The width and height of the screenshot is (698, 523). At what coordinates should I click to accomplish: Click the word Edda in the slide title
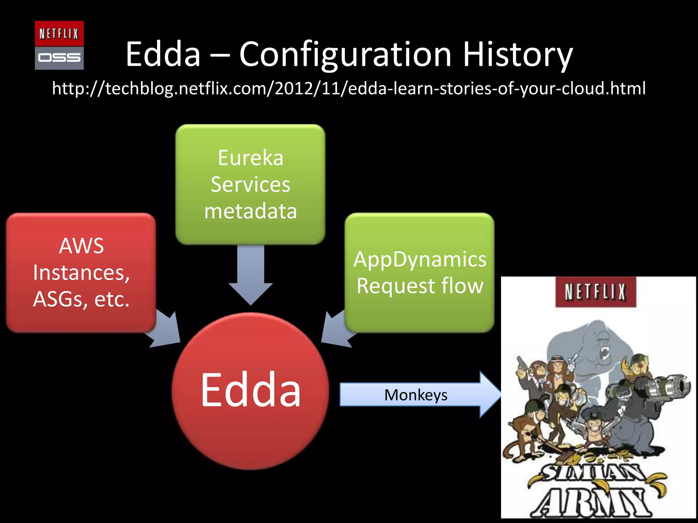pos(163,54)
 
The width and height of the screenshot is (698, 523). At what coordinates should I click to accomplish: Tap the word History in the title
pos(517,54)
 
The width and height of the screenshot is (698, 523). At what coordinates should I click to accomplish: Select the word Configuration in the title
pos(345,54)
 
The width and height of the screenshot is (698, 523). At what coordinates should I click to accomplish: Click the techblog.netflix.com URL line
pos(349,89)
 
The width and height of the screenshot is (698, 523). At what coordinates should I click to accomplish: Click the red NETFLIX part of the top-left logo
pos(59,33)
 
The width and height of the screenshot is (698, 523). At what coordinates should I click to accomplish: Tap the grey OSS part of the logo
pos(59,58)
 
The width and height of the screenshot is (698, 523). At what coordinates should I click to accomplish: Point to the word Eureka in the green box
pos(251,158)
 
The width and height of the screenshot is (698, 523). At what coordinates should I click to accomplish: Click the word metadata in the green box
pos(251,211)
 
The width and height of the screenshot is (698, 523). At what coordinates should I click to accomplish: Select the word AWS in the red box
pos(81,246)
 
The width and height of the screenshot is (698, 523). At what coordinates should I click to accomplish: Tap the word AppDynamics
pos(420,259)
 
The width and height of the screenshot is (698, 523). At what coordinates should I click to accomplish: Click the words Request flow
pos(420,286)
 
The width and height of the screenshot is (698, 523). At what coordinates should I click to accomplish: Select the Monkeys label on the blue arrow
pos(415,395)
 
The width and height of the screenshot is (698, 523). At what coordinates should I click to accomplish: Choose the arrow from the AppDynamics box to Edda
pos(336,330)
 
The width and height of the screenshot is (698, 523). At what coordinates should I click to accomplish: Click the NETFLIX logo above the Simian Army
pos(595,292)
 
